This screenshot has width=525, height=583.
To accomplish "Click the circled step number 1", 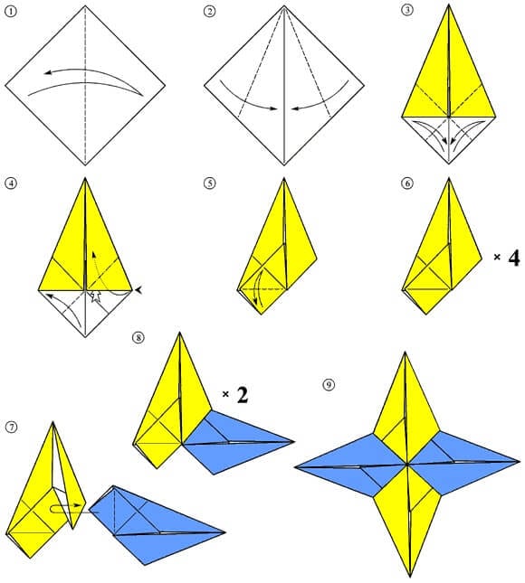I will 10,12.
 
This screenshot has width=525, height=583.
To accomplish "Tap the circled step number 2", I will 210,12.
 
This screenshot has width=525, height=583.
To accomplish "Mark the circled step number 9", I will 328,384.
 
